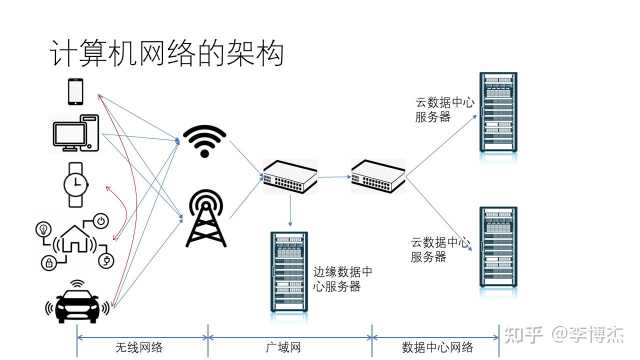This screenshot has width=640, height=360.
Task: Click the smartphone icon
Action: click(75, 91)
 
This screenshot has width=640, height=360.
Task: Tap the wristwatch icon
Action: click(75, 184)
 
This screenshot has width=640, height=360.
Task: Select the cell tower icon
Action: click(205, 218)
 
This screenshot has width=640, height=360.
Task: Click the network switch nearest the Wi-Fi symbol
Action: click(290, 176)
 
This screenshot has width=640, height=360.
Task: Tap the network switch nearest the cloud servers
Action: click(378, 176)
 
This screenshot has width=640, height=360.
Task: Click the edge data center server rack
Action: click(289, 271)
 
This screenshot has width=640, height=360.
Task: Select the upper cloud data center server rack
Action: click(498, 112)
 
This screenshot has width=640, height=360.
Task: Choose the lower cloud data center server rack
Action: click(498, 246)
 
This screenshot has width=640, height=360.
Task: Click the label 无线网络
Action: click(139, 347)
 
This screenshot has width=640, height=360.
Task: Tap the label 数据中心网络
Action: click(437, 347)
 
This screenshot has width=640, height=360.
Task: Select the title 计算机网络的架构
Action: click(167, 54)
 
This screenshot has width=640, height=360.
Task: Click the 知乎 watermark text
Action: click(523, 334)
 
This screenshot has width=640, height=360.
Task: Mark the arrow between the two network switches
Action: click(334, 176)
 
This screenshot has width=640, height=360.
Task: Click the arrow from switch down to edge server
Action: click(290, 210)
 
